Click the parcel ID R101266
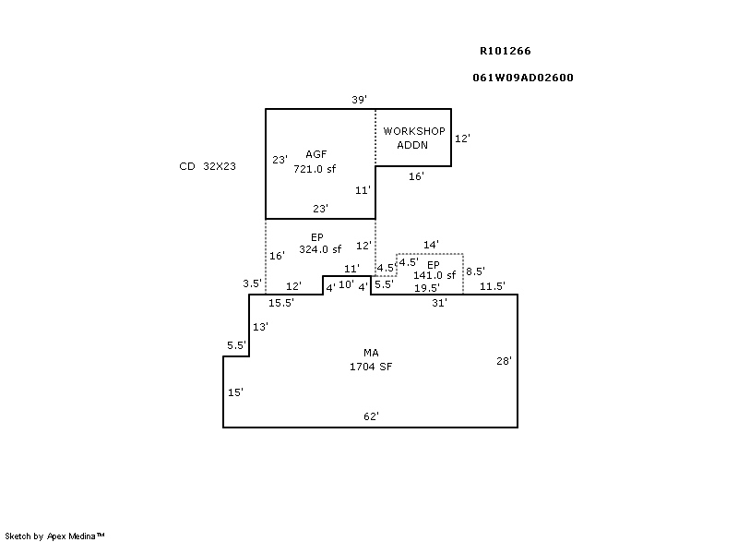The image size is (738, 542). pyautogui.click(x=505, y=51)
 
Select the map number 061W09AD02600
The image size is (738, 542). pyautogui.click(x=523, y=78)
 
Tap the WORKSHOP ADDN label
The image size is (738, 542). pyautogui.click(x=413, y=138)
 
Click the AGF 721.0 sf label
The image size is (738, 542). pyautogui.click(x=315, y=162)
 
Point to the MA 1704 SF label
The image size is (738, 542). pyautogui.click(x=371, y=360)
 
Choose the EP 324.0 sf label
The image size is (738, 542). pyautogui.click(x=320, y=243)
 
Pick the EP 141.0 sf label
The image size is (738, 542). pyautogui.click(x=434, y=270)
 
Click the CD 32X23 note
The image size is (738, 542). pyautogui.click(x=208, y=166)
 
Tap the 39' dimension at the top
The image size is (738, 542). pyautogui.click(x=359, y=100)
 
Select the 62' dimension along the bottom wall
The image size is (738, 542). pyautogui.click(x=372, y=416)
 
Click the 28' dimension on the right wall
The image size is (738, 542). pyautogui.click(x=504, y=361)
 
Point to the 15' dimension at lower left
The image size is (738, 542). pyautogui.click(x=235, y=392)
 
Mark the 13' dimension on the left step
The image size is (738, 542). pyautogui.click(x=260, y=327)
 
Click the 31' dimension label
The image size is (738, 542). pyautogui.click(x=440, y=303)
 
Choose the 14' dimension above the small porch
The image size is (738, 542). pyautogui.click(x=431, y=245)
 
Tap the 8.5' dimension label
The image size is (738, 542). pyautogui.click(x=475, y=271)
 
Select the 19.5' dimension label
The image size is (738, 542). pyautogui.click(x=427, y=288)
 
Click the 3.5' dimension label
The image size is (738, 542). pyautogui.click(x=252, y=283)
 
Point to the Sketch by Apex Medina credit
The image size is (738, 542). pyautogui.click(x=54, y=536)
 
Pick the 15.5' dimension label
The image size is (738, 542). pyautogui.click(x=281, y=303)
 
